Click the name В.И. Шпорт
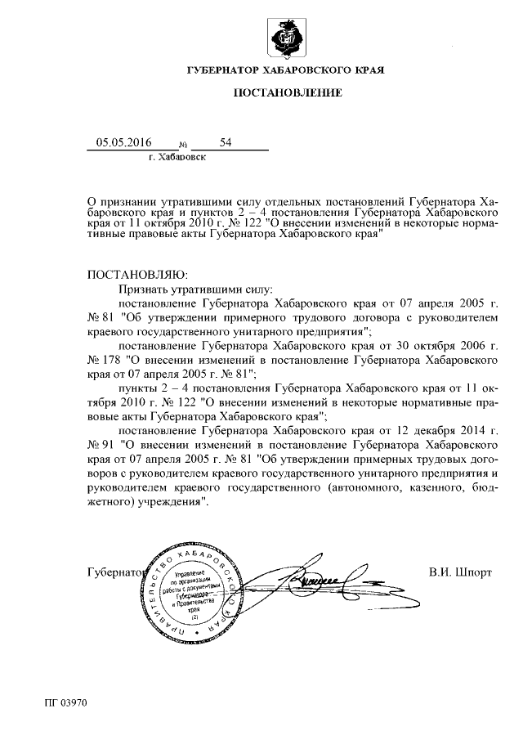pos(460,572)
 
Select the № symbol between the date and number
pos(182,146)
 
